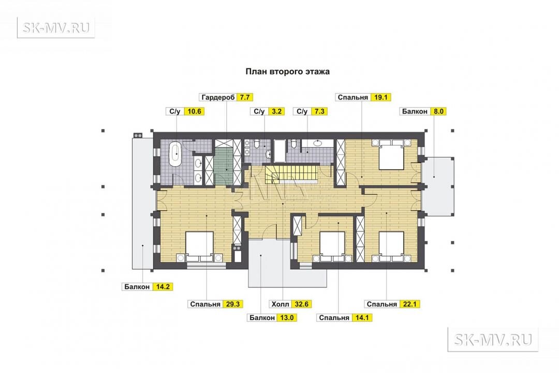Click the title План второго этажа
click(x=287, y=71)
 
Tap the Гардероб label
click(x=218, y=97)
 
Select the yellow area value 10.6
click(x=194, y=111)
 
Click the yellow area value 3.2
click(x=276, y=111)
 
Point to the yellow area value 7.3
click(x=319, y=111)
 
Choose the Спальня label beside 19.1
click(x=352, y=97)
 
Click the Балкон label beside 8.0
click(x=415, y=111)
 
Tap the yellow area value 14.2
click(x=163, y=286)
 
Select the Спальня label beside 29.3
click(x=205, y=305)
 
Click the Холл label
click(x=280, y=305)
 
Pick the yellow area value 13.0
click(x=287, y=318)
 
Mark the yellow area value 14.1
click(x=362, y=318)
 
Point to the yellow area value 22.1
click(x=409, y=305)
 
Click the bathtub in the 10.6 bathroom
click(x=176, y=154)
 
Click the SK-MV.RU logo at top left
click(x=56, y=27)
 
